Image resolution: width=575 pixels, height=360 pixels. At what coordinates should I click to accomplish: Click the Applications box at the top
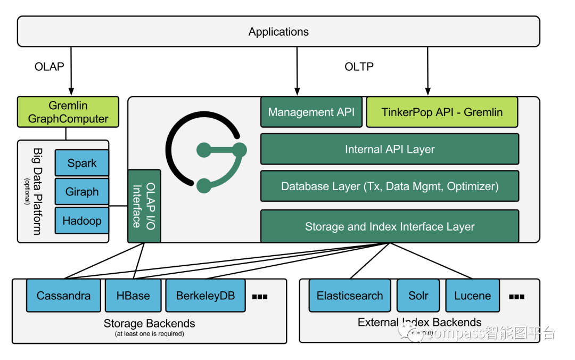[x=278, y=31]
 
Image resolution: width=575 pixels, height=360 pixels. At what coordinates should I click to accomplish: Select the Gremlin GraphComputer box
[x=68, y=112]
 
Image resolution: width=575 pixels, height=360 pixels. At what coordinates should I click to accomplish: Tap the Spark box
[x=82, y=163]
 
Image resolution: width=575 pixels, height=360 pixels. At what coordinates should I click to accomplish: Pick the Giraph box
[x=82, y=192]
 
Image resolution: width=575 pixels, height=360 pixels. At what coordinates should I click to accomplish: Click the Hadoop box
[x=82, y=220]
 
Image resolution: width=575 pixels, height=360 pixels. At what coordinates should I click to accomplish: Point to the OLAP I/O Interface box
[x=144, y=206]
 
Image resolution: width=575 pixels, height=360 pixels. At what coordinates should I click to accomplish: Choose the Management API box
[x=311, y=112]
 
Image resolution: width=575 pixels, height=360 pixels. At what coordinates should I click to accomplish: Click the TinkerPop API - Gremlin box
[x=442, y=112]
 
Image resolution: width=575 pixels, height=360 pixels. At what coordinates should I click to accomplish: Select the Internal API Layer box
[x=390, y=149]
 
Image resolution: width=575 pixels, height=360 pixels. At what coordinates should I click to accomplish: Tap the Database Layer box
[x=390, y=186]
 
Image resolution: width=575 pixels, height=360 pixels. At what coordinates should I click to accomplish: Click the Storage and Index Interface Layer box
[x=390, y=226]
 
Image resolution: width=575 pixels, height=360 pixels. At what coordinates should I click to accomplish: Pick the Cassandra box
[x=63, y=296]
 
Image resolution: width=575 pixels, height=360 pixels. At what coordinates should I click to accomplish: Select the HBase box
[x=133, y=296]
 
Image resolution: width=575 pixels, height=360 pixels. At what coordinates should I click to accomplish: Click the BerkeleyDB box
[x=206, y=296]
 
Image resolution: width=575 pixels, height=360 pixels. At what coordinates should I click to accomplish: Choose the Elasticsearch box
[x=350, y=296]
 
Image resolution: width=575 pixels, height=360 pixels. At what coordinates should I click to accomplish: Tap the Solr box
[x=418, y=296]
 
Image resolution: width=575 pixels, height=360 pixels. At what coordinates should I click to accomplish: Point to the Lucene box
[x=472, y=296]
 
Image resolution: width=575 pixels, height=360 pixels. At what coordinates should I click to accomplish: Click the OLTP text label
[x=359, y=67]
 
